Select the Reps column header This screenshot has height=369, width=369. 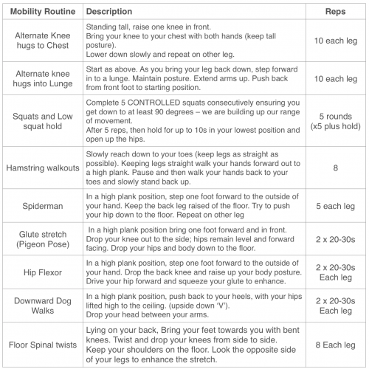point(336,12)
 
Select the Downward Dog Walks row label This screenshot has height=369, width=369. point(42,308)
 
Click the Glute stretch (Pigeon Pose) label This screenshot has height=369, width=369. point(42,240)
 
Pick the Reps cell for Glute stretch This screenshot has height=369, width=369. point(336,240)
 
